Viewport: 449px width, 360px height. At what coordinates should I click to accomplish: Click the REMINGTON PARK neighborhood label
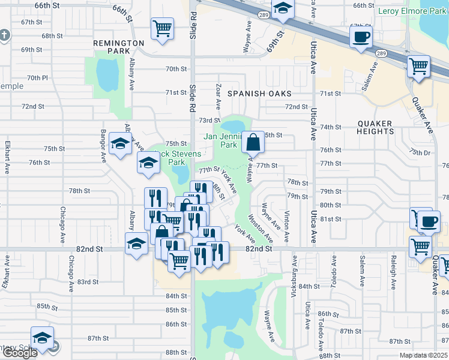point(118,47)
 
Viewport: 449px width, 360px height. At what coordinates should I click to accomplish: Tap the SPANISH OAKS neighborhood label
point(259,94)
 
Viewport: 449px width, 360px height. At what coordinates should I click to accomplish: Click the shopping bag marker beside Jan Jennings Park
point(253,143)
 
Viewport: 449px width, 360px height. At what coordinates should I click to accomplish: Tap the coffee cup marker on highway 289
point(361,37)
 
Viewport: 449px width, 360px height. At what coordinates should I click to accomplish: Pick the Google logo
point(19,353)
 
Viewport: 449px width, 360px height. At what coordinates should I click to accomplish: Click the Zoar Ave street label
point(218,93)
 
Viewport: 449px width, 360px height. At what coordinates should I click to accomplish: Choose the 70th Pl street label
point(37,78)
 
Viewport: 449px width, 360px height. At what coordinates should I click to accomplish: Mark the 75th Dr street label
point(420,152)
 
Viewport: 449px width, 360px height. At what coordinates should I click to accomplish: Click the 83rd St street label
point(88,281)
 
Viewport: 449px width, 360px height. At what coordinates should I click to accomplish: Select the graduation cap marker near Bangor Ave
point(120,145)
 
